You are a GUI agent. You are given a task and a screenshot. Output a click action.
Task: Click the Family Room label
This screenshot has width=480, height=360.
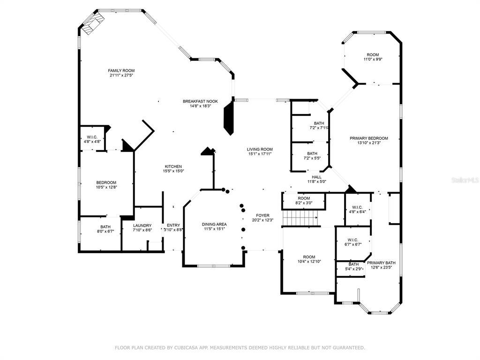tap(121, 71)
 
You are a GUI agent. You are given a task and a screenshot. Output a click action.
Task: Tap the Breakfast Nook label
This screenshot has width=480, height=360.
tap(200, 101)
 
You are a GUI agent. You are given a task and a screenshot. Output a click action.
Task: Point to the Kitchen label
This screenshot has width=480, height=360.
tap(173, 166)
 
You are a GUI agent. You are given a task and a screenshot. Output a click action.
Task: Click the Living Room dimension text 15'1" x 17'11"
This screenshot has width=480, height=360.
tap(260, 154)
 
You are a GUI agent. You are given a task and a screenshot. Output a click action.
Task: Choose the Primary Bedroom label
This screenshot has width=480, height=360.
tap(369, 138)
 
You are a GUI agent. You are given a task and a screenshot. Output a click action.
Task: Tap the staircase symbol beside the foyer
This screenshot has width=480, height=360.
tap(300, 217)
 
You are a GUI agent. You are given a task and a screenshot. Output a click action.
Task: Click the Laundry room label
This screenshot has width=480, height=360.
tap(142, 225)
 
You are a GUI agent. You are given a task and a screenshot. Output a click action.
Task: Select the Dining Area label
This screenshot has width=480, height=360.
tap(214, 225)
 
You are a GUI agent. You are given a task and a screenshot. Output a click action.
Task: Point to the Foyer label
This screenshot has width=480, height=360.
tap(262, 216)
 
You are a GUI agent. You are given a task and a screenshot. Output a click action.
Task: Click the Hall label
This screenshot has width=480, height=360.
tap(316, 177)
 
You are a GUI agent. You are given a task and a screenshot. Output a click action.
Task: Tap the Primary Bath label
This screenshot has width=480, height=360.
tap(381, 262)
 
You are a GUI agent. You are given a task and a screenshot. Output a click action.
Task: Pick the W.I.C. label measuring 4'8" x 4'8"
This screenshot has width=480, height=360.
tap(92, 137)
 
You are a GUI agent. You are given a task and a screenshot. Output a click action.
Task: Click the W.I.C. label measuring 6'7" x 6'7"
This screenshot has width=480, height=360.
tap(352, 240)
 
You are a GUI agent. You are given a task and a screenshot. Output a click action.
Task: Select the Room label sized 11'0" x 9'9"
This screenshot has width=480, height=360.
tap(373, 55)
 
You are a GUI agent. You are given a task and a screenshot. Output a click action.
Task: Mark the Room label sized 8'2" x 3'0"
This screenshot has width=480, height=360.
tap(304, 198)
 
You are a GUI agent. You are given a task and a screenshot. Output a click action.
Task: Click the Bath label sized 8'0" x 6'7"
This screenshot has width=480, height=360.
tap(105, 227)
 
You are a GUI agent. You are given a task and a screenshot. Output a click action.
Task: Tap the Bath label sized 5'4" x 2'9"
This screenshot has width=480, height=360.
tap(353, 264)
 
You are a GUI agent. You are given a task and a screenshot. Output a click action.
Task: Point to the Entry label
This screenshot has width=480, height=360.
tap(173, 225)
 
